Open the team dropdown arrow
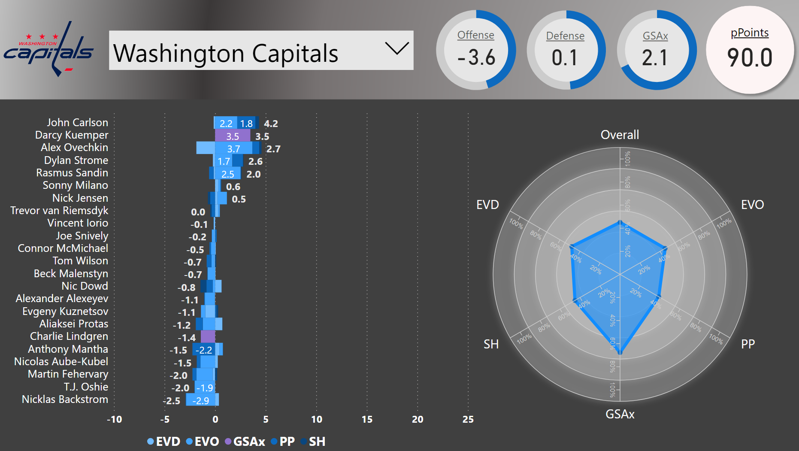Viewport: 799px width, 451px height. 397,48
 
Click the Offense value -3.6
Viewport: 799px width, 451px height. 476,58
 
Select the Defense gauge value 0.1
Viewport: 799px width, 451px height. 565,58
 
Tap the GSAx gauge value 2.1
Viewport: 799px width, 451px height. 655,58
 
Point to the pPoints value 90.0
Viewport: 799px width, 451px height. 750,58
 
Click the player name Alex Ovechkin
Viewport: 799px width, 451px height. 74,148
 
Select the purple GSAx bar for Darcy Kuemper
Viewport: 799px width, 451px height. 232,136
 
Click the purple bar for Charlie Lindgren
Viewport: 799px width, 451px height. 208,337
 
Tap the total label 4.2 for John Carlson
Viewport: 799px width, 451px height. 271,124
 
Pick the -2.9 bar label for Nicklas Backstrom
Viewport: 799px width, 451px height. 201,401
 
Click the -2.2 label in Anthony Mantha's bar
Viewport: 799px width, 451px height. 204,350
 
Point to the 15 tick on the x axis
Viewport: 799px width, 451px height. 367,419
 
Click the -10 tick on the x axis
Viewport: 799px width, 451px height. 114,419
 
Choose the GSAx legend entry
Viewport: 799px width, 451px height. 245,442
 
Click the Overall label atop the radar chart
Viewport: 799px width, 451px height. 620,135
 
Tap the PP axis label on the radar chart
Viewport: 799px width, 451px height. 748,344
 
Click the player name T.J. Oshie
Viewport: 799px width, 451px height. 86,387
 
